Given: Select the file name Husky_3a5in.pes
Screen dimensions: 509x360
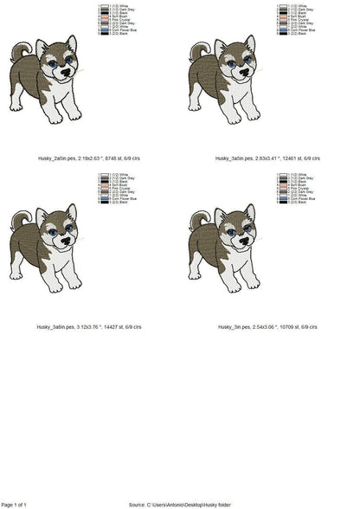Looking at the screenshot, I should (235, 158).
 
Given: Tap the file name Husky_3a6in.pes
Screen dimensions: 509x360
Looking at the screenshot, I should (52, 327).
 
